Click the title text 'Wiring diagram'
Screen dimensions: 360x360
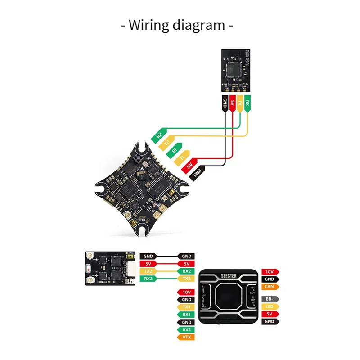click(177, 25)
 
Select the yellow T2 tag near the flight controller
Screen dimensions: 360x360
click(167, 143)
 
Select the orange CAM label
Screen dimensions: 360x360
click(269, 287)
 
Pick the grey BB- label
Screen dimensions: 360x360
click(269, 299)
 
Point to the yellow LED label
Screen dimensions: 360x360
click(269, 306)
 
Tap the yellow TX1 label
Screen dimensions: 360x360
click(187, 307)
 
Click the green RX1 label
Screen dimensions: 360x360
click(187, 315)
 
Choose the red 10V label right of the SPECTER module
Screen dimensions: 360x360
click(269, 271)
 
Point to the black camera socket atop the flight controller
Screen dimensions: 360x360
click(137, 158)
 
